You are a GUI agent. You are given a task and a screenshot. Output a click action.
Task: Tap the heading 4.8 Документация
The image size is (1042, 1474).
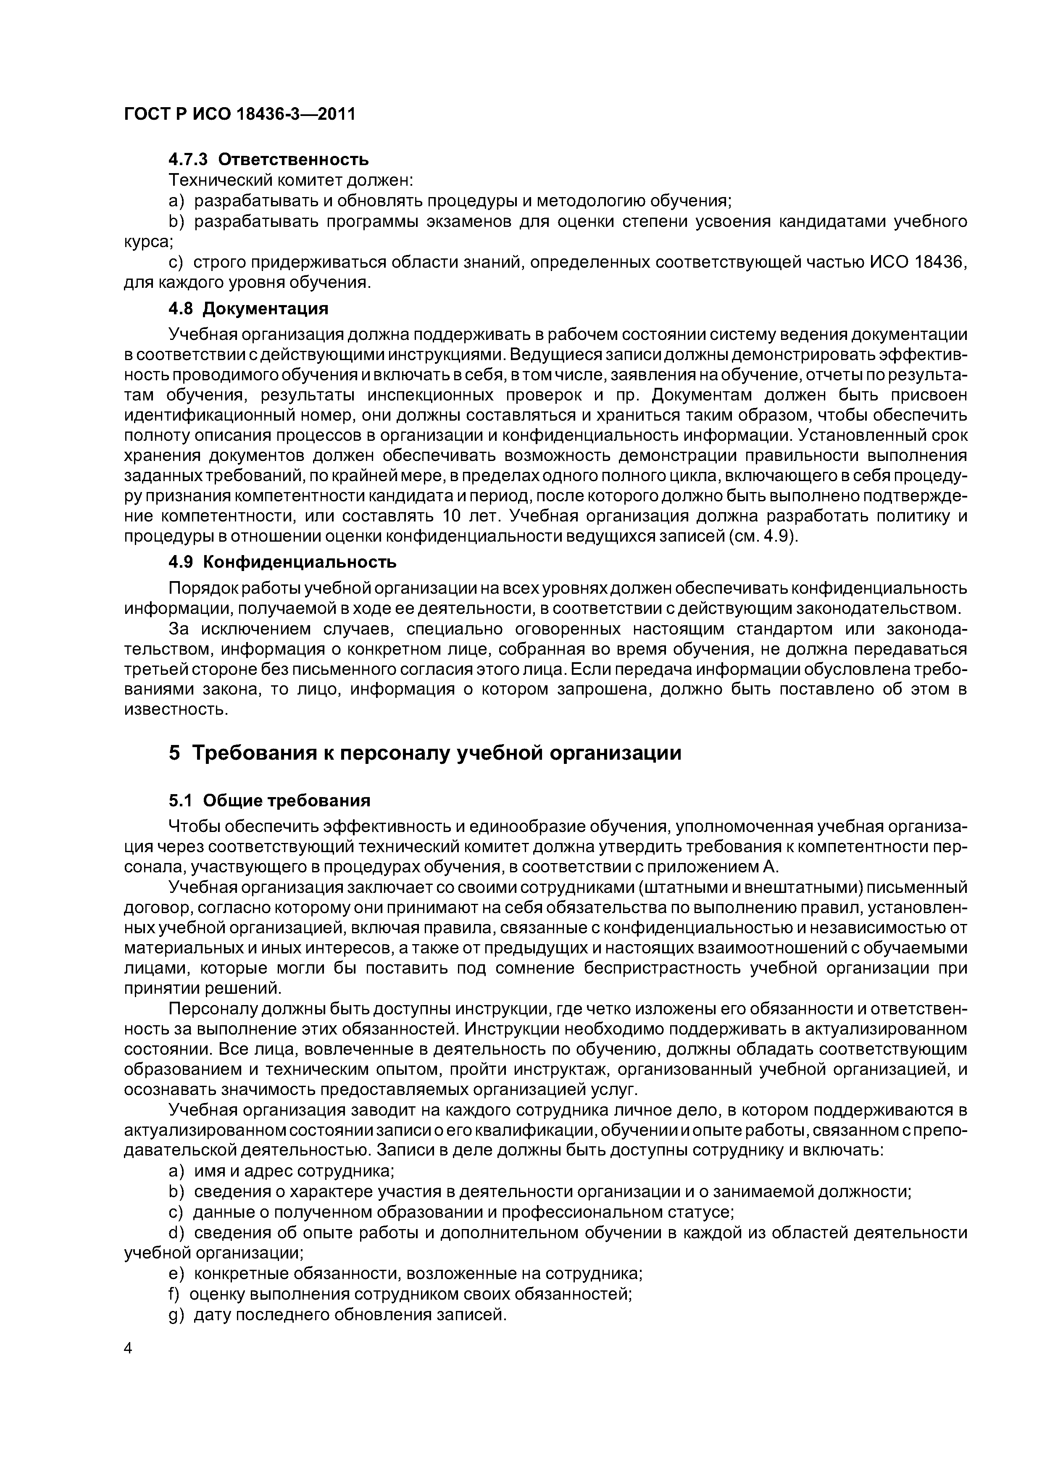[248, 309]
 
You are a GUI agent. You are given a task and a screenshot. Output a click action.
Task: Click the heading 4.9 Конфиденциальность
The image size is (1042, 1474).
[282, 562]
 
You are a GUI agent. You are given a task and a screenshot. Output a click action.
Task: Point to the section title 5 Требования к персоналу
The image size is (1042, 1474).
[424, 753]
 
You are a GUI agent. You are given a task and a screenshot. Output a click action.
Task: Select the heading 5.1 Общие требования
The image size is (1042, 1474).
[270, 800]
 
